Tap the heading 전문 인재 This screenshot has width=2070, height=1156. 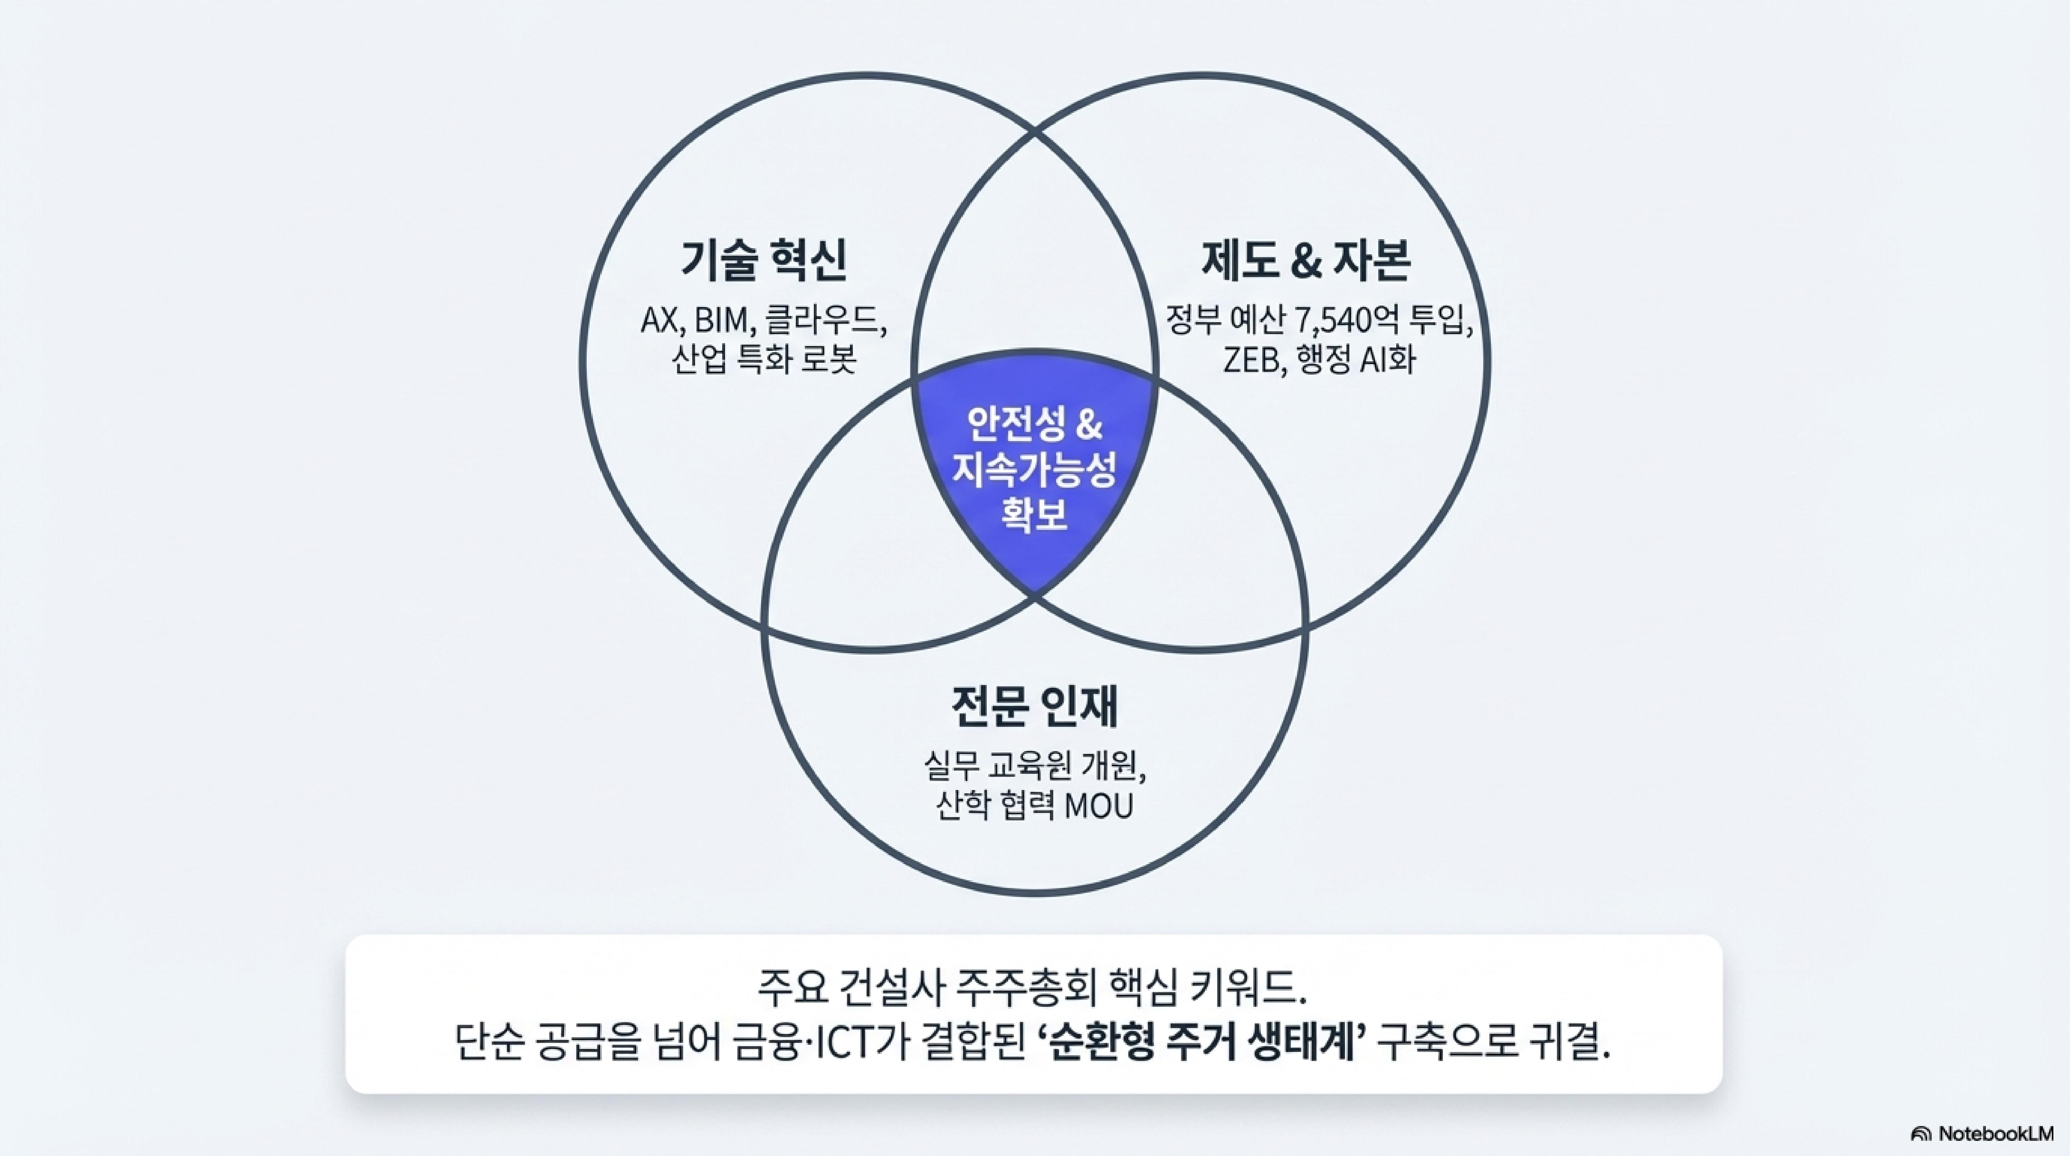[1034, 705]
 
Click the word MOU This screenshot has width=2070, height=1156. [1098, 806]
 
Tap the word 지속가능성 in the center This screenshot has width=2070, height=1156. [1034, 472]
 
